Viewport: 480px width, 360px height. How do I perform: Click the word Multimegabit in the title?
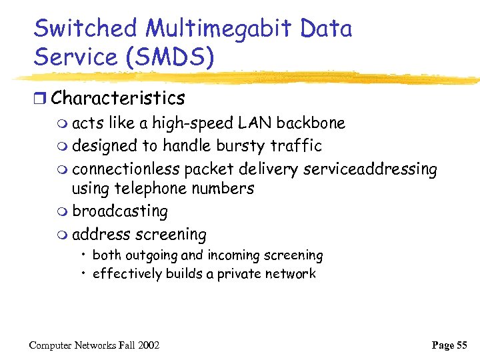[218, 29]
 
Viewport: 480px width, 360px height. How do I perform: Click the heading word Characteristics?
[118, 98]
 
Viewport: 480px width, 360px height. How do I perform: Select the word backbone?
[311, 123]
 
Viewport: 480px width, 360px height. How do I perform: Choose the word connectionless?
[126, 169]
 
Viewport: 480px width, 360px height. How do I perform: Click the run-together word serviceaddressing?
[370, 169]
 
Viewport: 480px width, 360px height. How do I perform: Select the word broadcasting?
[120, 211]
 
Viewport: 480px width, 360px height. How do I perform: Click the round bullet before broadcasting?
[63, 212]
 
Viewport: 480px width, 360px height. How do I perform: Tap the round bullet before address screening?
[63, 235]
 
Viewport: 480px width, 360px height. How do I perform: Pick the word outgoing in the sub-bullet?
[153, 255]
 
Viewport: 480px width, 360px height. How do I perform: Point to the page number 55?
[461, 345]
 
